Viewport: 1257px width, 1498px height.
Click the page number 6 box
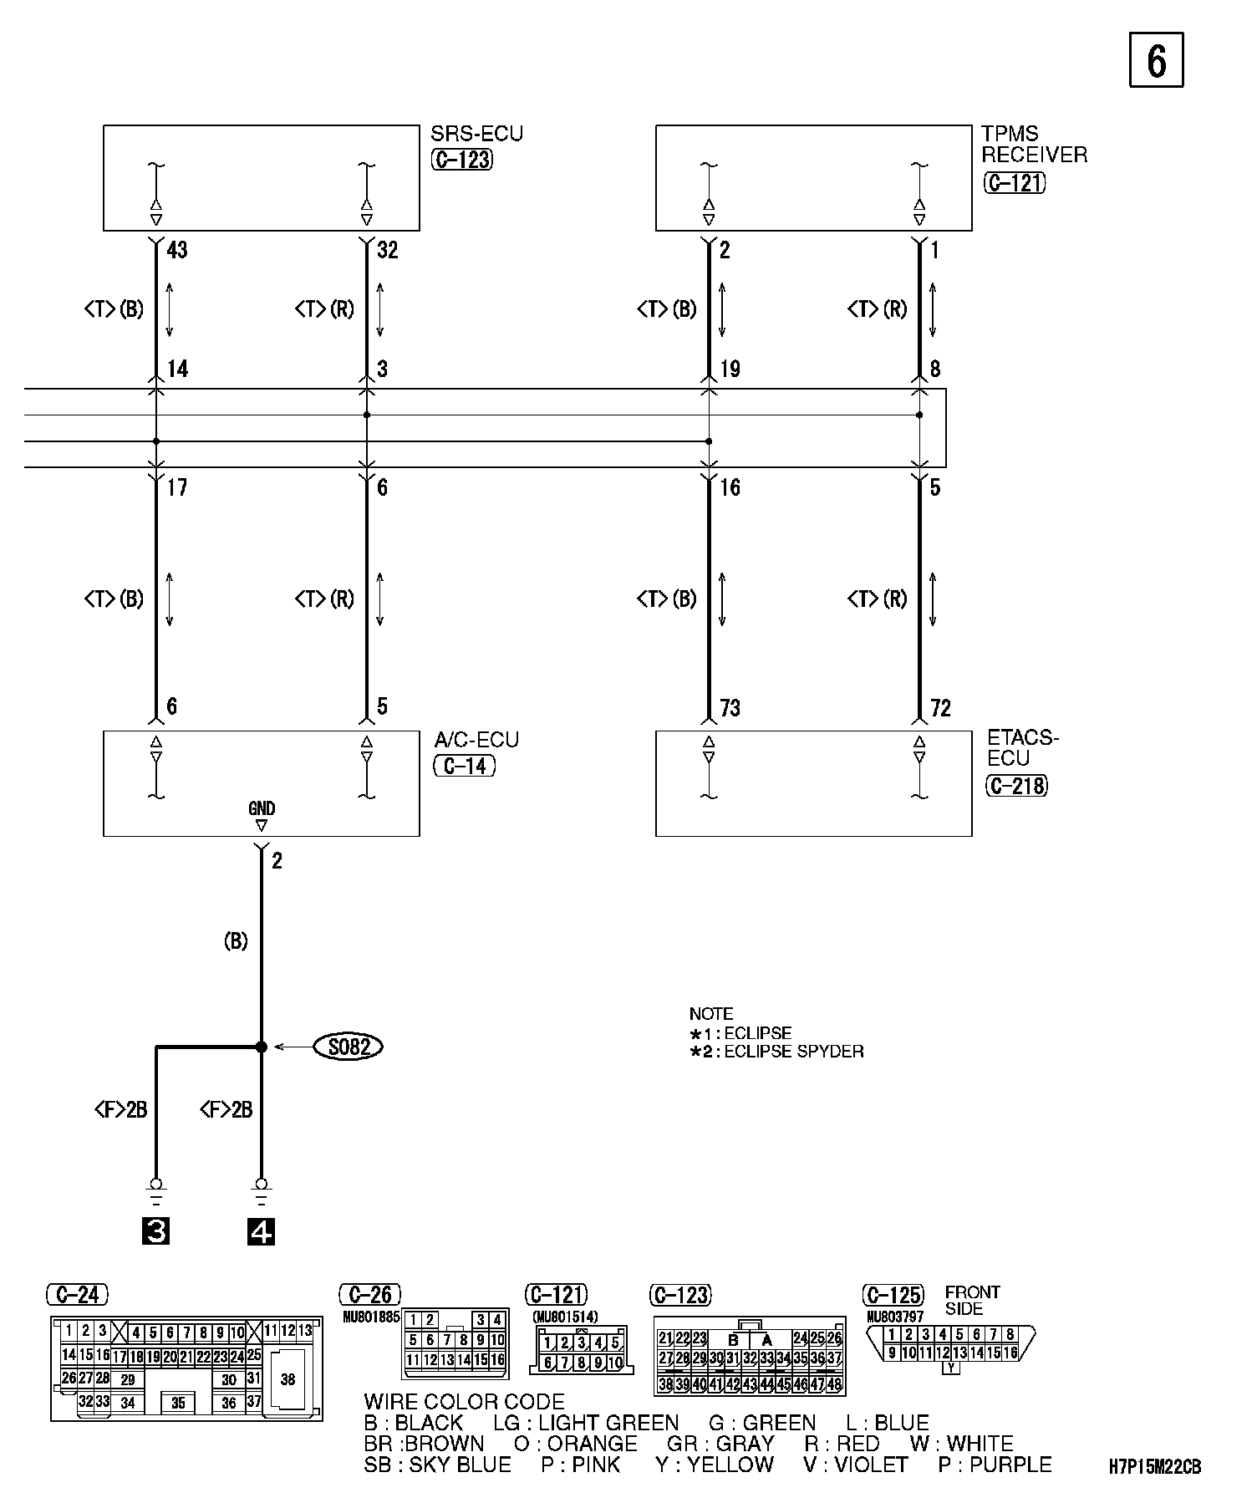tap(1156, 59)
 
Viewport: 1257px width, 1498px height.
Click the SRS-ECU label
tap(476, 134)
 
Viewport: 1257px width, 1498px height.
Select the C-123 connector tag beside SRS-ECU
tap(462, 160)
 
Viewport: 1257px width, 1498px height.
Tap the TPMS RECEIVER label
tap(1034, 144)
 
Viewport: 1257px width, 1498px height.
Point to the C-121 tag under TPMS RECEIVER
tap(1015, 182)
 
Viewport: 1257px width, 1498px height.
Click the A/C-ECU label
tap(476, 740)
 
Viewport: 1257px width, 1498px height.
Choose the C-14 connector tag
tap(465, 766)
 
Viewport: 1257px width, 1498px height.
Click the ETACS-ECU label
tap(1022, 747)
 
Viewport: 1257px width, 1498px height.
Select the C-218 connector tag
tap(1016, 786)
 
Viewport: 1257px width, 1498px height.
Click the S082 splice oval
tap(348, 1047)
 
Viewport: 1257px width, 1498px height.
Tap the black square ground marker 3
tap(155, 1231)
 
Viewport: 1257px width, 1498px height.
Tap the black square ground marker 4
tap(262, 1231)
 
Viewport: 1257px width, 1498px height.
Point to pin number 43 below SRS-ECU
tap(177, 250)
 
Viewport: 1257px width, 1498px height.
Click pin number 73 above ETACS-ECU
tap(730, 708)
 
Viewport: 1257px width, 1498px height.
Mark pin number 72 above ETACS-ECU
tap(940, 708)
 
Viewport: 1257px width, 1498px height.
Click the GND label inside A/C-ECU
tap(262, 808)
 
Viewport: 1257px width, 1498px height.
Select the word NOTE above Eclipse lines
tap(711, 1014)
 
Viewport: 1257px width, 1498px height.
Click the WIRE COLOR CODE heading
tap(464, 1402)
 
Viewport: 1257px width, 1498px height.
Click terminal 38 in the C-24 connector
tap(288, 1378)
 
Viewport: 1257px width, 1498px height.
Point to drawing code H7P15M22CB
tap(1155, 1467)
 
